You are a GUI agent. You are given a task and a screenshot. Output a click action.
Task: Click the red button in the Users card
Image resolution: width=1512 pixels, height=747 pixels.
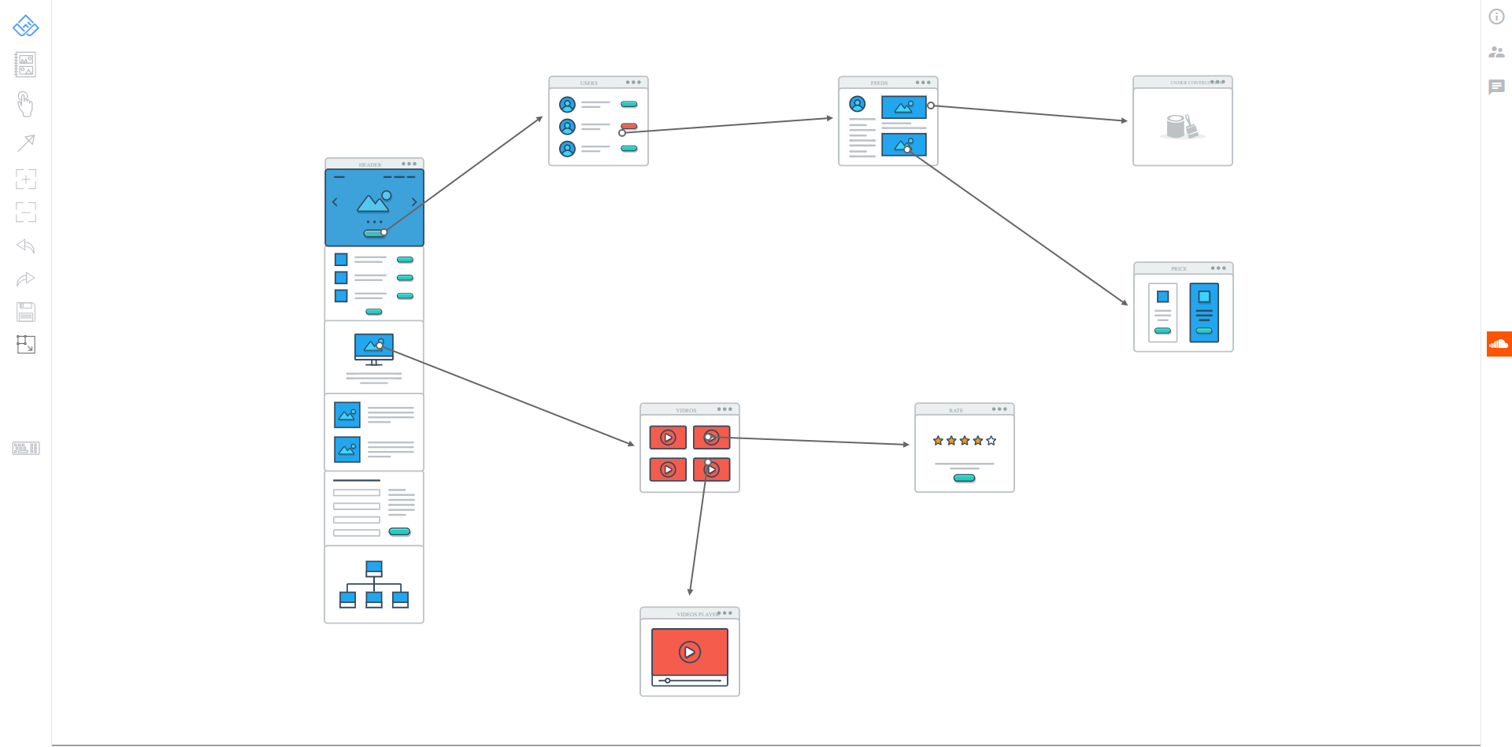[629, 126]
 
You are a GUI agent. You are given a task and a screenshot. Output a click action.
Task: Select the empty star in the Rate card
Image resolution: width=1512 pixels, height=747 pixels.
[991, 441]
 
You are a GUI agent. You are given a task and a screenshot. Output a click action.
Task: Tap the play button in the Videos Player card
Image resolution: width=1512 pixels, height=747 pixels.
[690, 652]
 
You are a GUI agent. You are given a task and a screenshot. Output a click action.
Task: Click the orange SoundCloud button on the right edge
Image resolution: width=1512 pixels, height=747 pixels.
[1499, 344]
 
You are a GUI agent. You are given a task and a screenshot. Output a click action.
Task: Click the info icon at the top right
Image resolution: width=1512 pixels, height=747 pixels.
[1496, 17]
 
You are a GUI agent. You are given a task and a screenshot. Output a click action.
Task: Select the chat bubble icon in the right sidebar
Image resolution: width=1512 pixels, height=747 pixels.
[1496, 87]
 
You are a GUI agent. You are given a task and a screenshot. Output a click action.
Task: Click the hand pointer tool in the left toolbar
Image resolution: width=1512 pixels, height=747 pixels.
[25, 104]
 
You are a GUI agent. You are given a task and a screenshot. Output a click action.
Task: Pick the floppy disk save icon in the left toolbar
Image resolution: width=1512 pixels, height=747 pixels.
[26, 312]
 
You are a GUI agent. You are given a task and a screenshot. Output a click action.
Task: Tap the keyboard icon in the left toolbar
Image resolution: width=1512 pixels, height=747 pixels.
[26, 449]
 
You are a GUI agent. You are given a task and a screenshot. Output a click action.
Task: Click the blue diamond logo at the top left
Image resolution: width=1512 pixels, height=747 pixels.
[26, 26]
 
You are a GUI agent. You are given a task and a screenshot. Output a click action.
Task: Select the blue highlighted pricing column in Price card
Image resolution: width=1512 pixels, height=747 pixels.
[1204, 312]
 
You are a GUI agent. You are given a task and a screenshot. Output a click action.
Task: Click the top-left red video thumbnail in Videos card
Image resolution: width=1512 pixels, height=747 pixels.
[668, 438]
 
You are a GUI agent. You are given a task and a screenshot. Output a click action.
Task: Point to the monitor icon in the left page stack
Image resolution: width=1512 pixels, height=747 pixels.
[374, 349]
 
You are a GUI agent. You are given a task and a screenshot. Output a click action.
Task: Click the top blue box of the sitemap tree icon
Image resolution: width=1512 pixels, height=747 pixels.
[374, 568]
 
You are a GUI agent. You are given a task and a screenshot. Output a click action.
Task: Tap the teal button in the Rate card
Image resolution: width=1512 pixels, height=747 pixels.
[964, 478]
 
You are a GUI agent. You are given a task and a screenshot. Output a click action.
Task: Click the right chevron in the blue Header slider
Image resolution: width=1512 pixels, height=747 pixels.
[414, 202]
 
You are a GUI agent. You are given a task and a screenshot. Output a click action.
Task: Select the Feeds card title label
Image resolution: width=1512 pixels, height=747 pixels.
[879, 83]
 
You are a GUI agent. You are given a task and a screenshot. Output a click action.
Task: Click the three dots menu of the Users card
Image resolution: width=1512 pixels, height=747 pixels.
[633, 82]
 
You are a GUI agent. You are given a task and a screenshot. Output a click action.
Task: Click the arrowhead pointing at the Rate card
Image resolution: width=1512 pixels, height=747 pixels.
[906, 445]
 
